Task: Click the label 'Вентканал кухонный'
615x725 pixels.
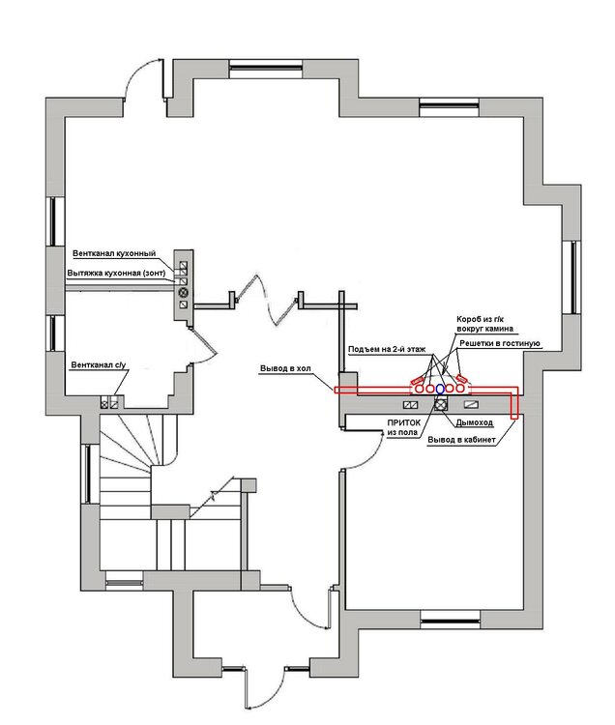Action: tap(114, 253)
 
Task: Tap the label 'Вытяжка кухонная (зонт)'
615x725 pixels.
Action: tap(116, 274)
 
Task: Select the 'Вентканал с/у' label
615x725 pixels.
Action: tap(98, 365)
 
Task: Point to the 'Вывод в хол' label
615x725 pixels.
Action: tap(285, 368)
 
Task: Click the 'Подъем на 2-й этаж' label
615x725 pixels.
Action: tap(387, 349)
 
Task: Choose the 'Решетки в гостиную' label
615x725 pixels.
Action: tap(499, 343)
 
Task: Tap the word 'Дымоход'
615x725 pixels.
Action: tap(474, 422)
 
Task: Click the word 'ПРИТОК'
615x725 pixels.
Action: tap(403, 422)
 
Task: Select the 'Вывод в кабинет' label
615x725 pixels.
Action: tap(461, 440)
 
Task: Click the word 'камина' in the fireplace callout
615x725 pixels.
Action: tap(498, 329)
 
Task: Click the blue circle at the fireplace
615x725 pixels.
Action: tap(440, 389)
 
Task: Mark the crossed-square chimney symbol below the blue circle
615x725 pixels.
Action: tap(441, 405)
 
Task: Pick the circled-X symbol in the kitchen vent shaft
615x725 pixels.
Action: tap(183, 292)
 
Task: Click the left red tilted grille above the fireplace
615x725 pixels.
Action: tap(417, 379)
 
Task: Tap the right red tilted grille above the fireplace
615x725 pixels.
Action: tap(462, 379)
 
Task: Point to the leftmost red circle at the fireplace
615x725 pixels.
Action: tap(420, 389)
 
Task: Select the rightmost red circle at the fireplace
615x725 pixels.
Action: tap(459, 389)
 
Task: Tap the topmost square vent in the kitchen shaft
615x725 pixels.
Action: tap(183, 266)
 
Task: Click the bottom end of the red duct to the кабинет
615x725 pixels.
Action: tap(513, 418)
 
